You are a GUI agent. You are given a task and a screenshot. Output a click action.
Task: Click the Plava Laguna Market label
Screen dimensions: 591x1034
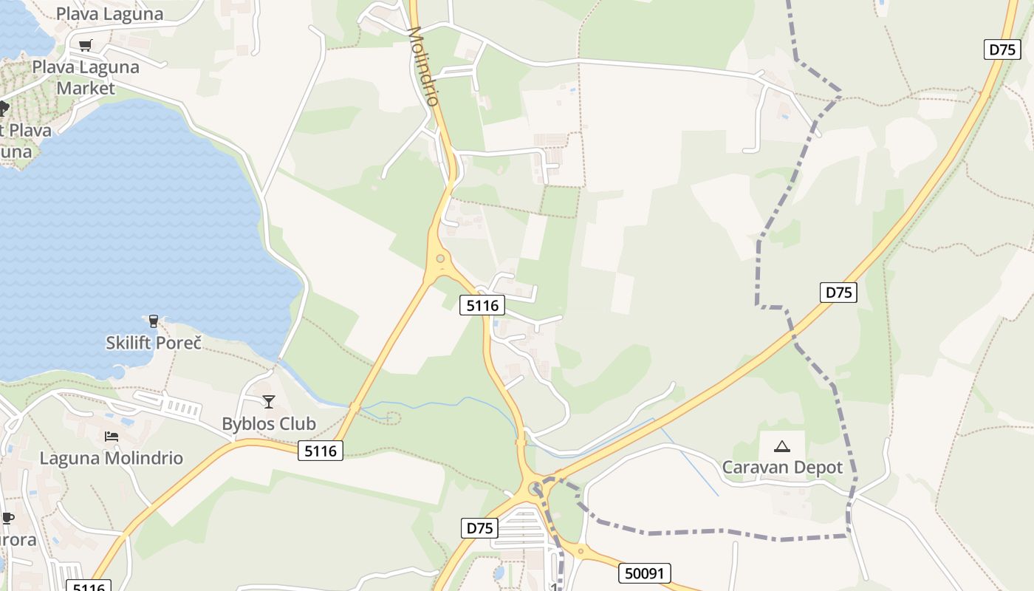[x=86, y=77]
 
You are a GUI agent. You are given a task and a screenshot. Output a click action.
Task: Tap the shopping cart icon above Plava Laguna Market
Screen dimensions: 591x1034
[x=86, y=45]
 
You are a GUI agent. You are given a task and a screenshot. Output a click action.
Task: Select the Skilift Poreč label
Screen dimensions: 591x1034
[x=154, y=342]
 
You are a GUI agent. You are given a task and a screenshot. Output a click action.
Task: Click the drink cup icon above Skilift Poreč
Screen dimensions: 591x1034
[x=154, y=321]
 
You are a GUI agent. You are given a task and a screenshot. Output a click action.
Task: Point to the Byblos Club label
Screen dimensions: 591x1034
[x=269, y=423]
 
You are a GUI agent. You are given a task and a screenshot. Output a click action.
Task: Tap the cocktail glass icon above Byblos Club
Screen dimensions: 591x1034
[x=269, y=401]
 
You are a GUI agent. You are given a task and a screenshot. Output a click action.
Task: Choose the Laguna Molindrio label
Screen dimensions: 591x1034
[x=111, y=457]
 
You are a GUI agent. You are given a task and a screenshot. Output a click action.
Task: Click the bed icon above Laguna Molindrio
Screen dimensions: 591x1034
[x=112, y=436]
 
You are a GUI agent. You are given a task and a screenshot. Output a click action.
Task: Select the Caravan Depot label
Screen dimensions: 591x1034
[x=782, y=467]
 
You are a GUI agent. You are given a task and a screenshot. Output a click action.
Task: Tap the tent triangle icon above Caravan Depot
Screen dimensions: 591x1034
[x=781, y=446]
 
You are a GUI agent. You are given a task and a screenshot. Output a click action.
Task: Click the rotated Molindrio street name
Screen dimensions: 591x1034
[x=424, y=66]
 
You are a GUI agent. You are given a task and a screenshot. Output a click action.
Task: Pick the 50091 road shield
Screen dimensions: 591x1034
[x=644, y=573]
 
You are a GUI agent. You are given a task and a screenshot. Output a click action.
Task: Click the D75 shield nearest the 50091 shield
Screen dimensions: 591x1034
[x=480, y=527]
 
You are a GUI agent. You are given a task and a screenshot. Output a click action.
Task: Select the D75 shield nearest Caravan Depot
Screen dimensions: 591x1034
[x=838, y=292]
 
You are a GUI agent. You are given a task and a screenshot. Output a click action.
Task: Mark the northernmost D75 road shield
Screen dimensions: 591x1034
[x=1002, y=49]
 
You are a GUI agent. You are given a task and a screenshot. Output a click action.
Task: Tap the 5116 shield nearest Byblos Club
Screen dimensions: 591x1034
[x=321, y=450]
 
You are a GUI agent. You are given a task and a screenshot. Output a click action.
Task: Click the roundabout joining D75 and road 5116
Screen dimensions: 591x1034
[x=535, y=488]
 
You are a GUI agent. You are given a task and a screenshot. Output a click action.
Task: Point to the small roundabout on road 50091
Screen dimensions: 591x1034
[x=581, y=550]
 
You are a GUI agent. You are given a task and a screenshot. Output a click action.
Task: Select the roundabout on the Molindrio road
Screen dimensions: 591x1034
[x=441, y=259]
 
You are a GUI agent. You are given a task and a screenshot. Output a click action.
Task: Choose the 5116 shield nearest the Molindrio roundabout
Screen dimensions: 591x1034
[x=482, y=304]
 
